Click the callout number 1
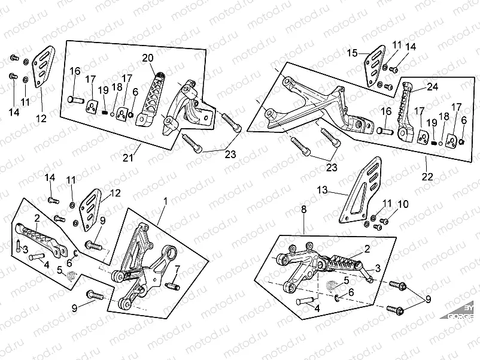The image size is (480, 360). coord(166,203)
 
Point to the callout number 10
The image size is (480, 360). coord(403,204)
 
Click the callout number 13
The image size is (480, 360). coord(322,190)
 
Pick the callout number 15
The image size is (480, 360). coord(352,53)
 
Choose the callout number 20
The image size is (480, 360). coord(147,58)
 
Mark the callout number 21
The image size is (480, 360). coord(127,158)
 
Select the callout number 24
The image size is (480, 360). coord(432,86)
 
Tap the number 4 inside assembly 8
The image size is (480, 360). coord(317,309)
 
